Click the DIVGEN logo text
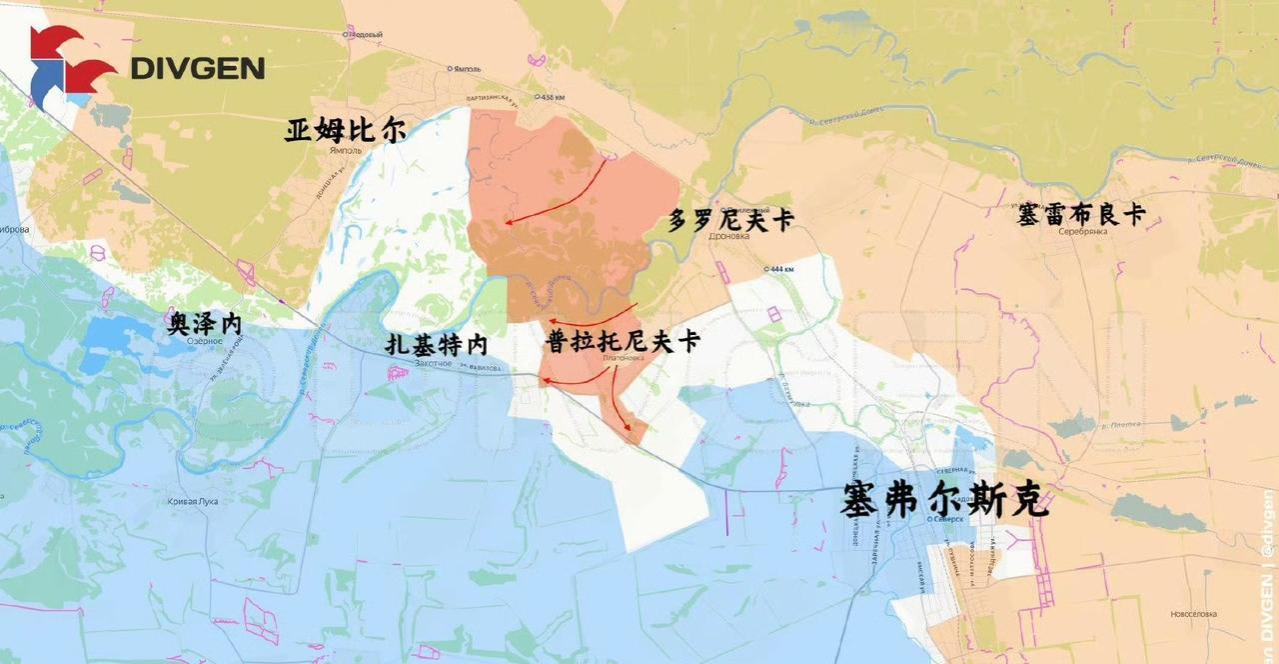198,68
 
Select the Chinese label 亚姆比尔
346,130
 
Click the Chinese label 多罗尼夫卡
730,219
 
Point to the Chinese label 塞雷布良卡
1081,213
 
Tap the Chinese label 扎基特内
437,345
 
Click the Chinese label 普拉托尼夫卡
623,340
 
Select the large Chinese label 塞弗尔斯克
945,499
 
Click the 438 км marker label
552,97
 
